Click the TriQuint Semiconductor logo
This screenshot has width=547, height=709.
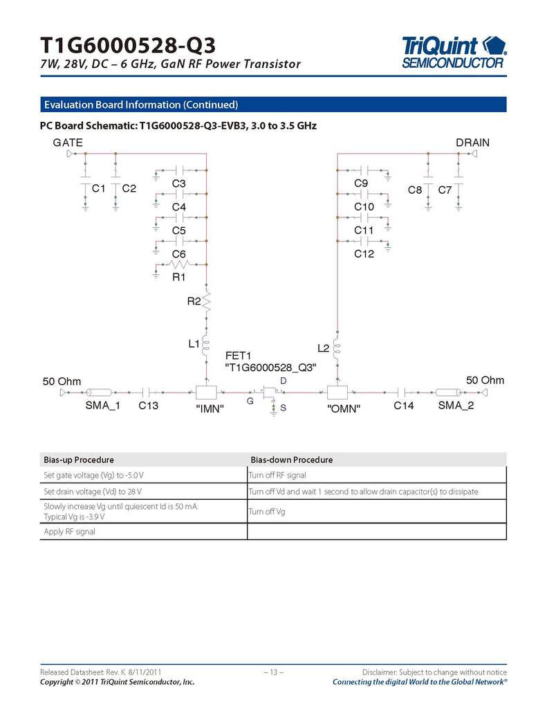tap(454, 52)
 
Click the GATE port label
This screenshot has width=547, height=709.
tap(68, 143)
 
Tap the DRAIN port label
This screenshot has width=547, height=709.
tap(472, 143)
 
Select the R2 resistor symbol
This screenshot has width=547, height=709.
tap(205, 301)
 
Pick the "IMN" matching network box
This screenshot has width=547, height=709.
tap(207, 393)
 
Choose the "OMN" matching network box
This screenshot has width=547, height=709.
tap(337, 393)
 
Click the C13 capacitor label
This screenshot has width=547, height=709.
tap(148, 406)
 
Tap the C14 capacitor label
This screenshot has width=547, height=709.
tap(404, 406)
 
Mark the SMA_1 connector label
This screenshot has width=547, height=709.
tap(103, 406)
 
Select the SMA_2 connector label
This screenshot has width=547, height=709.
tap(456, 406)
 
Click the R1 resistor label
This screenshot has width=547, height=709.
tap(179, 277)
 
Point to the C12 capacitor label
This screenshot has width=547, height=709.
tap(364, 254)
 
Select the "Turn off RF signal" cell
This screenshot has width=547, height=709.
tap(278, 475)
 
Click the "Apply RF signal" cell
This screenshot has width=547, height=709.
tap(69, 532)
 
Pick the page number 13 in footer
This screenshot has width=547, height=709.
tap(273, 672)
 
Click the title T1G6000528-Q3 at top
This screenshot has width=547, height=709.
tap(127, 46)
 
